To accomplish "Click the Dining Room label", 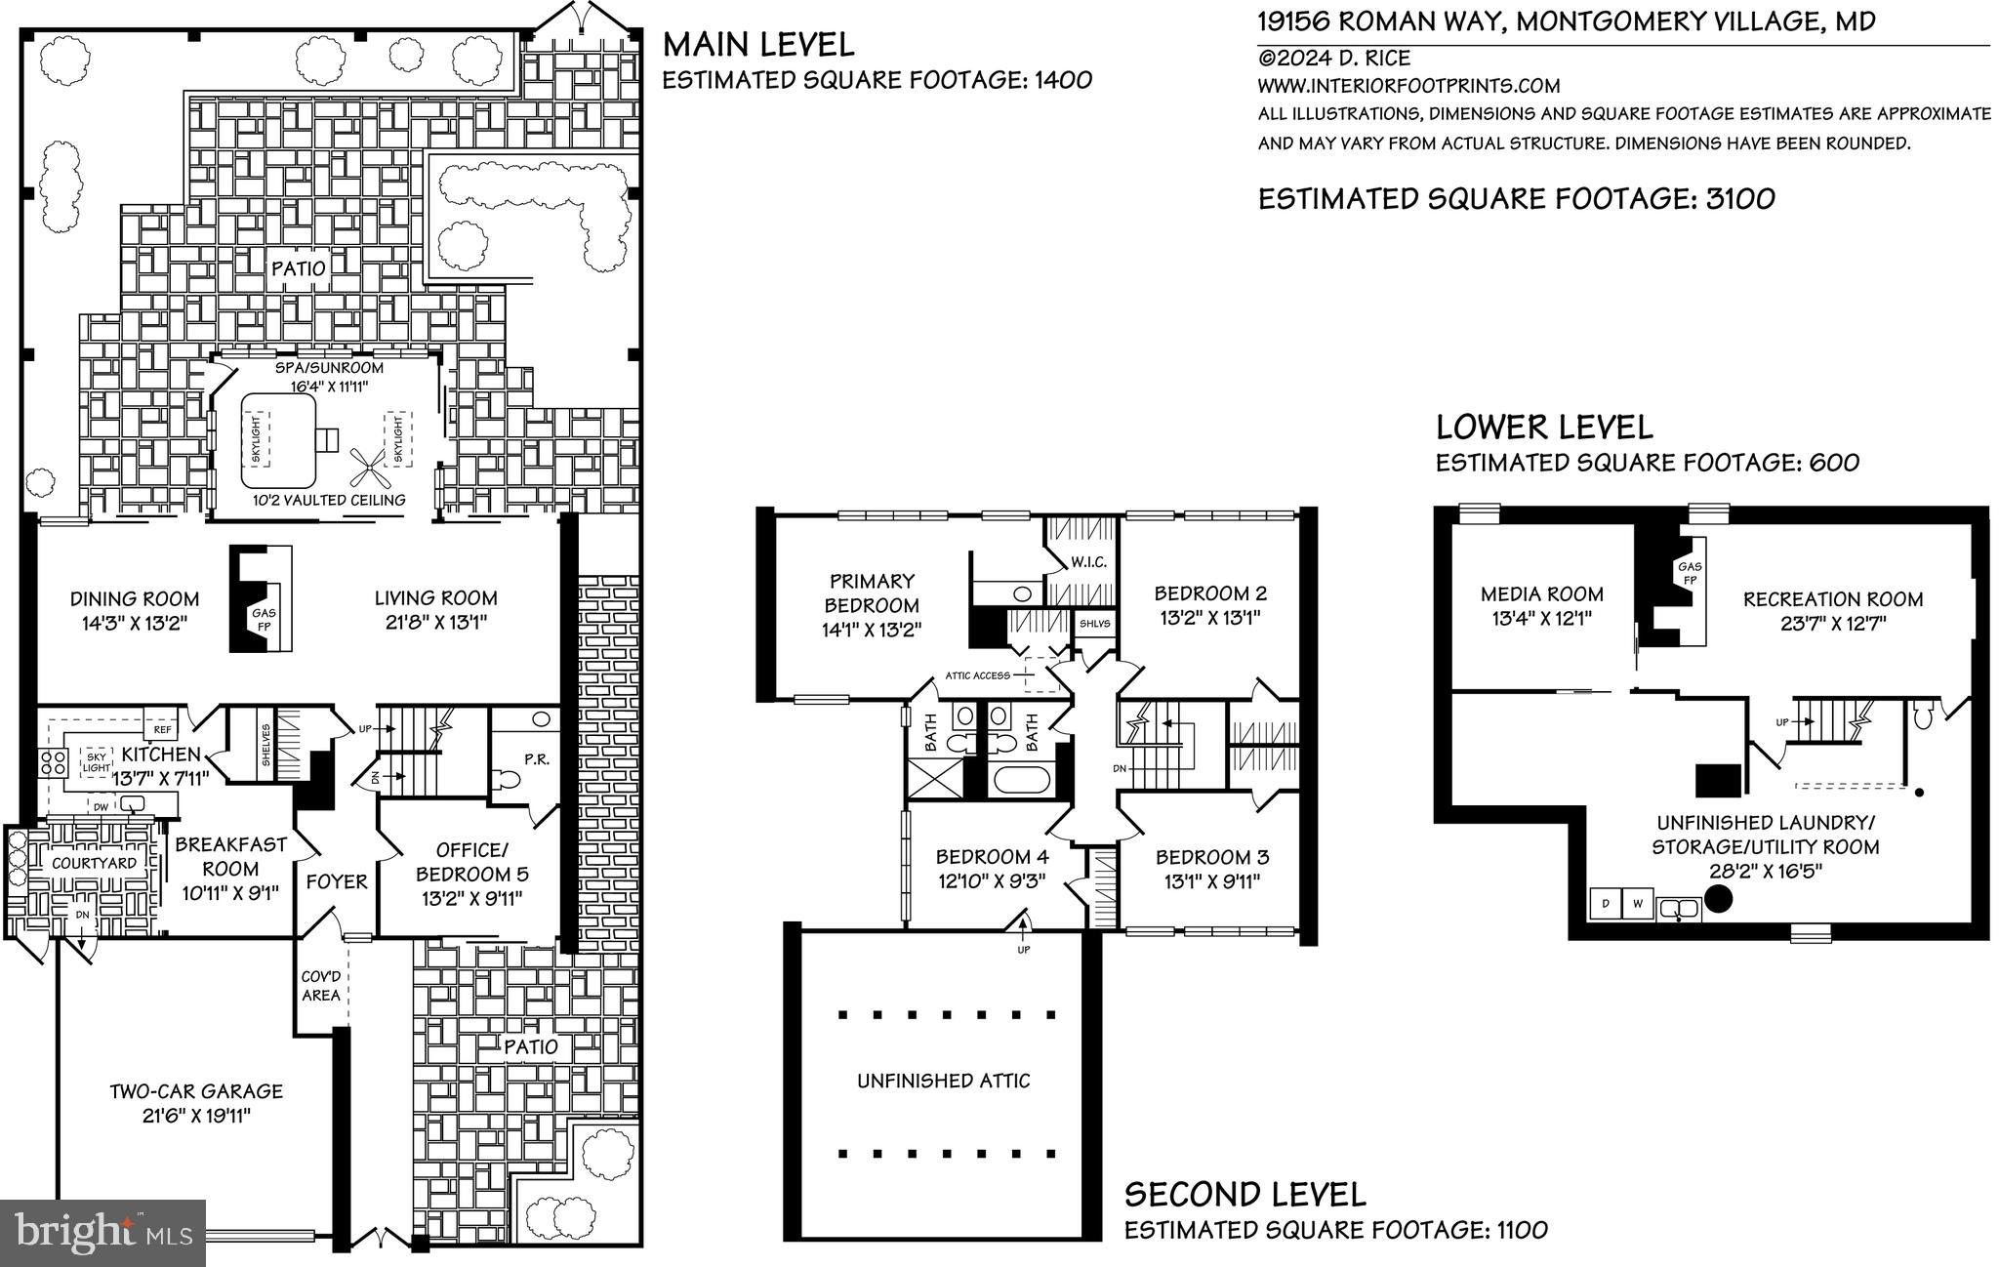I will (x=134, y=599).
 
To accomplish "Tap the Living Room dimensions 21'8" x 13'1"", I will (x=435, y=622).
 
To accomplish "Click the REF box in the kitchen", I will (x=160, y=729).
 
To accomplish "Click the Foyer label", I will (x=337, y=881).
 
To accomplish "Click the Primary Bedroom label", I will (x=871, y=593).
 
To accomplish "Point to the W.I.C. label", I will (x=1087, y=562).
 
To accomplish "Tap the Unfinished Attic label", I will (x=943, y=1081).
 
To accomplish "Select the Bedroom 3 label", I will (x=1212, y=858).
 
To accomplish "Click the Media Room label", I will (x=1541, y=593).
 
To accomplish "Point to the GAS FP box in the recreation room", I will (x=1690, y=574).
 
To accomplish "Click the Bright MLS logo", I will (x=103, y=1232).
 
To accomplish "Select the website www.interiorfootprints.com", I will (x=1408, y=86).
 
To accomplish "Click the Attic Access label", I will (x=977, y=674).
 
